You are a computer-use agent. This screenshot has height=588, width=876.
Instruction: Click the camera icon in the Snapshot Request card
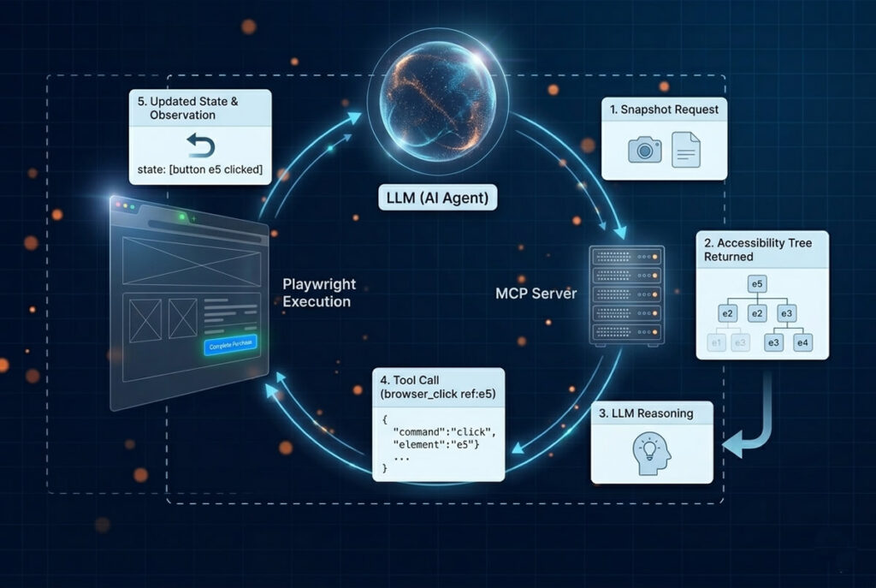click(x=645, y=149)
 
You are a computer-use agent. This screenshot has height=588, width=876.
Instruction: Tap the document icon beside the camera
click(x=685, y=149)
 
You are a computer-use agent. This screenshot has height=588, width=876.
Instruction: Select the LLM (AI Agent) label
click(x=437, y=198)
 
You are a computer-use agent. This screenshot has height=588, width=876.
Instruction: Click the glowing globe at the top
click(x=437, y=101)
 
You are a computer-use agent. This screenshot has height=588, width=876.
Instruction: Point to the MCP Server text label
click(x=536, y=294)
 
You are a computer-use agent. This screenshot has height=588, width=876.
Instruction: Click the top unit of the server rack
click(x=627, y=257)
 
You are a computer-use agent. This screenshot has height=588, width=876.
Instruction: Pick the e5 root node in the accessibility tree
click(x=757, y=284)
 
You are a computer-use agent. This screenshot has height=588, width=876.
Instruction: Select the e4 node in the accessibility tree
click(x=802, y=342)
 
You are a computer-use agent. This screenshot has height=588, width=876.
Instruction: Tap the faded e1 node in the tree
click(x=716, y=342)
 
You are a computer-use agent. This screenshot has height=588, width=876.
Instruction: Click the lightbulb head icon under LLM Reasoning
click(x=651, y=453)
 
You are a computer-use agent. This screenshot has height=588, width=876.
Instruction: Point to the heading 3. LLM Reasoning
click(x=646, y=413)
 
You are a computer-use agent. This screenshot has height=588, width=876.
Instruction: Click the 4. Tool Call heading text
click(x=410, y=380)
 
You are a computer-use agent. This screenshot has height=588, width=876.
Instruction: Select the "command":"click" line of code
click(x=444, y=432)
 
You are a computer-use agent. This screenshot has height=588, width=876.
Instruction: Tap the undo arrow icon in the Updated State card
click(x=200, y=146)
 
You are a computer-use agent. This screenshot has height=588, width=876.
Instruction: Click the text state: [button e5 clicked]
click(x=200, y=169)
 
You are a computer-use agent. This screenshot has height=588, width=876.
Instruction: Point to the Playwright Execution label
click(x=319, y=293)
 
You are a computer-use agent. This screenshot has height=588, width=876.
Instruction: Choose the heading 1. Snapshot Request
click(x=664, y=110)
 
